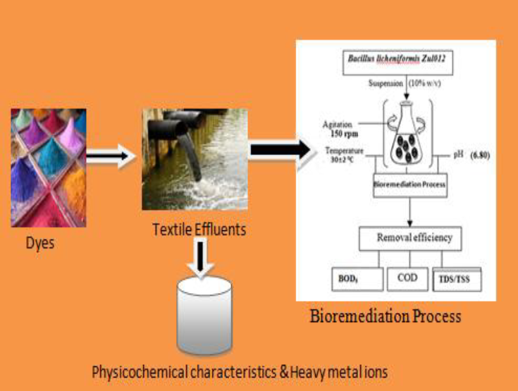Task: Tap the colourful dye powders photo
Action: pos(49,167)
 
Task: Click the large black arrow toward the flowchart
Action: pos(278,149)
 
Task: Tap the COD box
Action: pos(407,278)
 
